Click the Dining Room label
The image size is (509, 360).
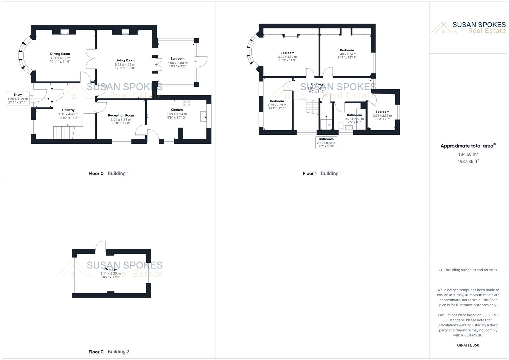pyautogui.click(x=60, y=54)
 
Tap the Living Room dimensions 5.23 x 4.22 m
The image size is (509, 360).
pyautogui.click(x=125, y=65)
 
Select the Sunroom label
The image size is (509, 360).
pyautogui.click(x=177, y=59)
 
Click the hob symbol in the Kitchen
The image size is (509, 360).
pyautogui.click(x=187, y=104)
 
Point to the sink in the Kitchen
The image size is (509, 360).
pyautogui.click(x=203, y=117)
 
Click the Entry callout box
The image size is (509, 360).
pyautogui.click(x=18, y=99)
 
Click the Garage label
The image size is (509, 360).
pyautogui.click(x=110, y=269)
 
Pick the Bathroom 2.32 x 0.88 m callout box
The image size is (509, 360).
pyautogui.click(x=326, y=143)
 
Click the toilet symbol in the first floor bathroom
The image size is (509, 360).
pyautogui.click(x=341, y=126)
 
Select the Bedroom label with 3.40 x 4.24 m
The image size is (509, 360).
pyautogui.click(x=347, y=50)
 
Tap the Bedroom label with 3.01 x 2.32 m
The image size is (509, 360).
pyautogui.click(x=382, y=112)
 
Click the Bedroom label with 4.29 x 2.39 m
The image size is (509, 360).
pyautogui.click(x=277, y=101)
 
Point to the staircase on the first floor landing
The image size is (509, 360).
pyautogui.click(x=313, y=107)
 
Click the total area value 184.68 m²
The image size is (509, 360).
pyautogui.click(x=468, y=154)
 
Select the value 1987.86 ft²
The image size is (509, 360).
pyautogui.click(x=468, y=161)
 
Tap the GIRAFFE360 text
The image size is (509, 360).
pyautogui.click(x=468, y=345)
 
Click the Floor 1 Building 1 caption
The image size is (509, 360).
pyautogui.click(x=322, y=173)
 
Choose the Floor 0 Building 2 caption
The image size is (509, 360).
pyautogui.click(x=109, y=352)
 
